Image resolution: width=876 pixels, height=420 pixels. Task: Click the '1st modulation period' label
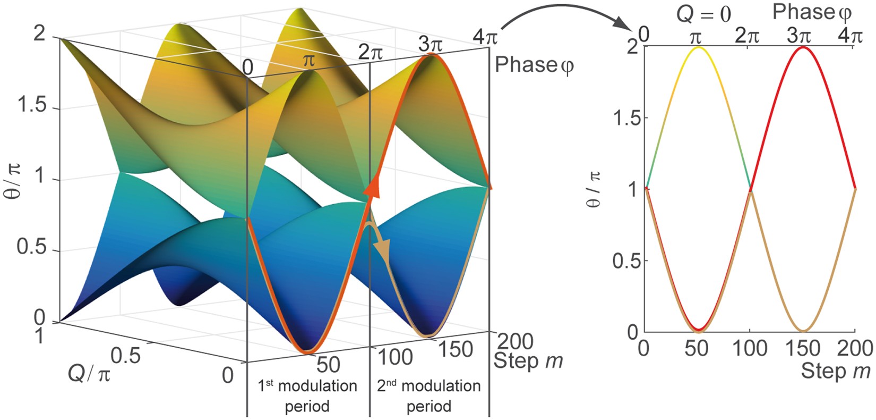coord(307,396)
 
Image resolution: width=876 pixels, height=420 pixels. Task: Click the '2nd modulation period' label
coord(428,396)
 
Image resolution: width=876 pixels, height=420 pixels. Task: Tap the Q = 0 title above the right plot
coord(703,15)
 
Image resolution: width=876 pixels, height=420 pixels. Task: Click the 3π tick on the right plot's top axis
coord(799,36)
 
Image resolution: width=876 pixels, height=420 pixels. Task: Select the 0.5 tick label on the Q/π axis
coord(126,355)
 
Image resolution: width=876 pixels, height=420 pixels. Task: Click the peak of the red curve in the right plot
coord(802,47)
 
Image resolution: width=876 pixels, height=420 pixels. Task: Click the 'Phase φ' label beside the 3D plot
coord(534,65)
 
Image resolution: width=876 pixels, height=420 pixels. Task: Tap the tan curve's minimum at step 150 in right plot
coord(802,331)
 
